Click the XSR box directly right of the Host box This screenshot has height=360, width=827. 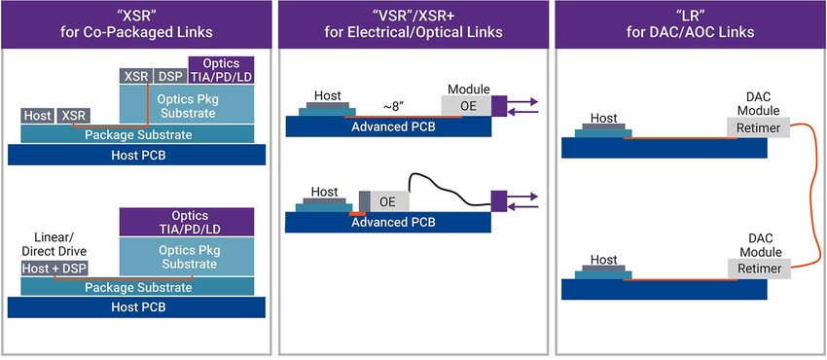click(x=73, y=116)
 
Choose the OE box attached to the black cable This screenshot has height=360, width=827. click(x=387, y=200)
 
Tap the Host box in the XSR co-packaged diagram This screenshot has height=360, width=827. click(x=36, y=116)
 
